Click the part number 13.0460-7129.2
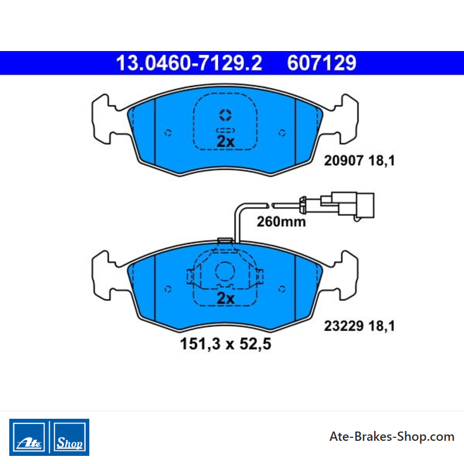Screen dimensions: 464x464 tap(189, 63)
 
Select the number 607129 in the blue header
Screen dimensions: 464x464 tap(322, 63)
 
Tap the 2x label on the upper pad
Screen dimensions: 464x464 tap(226, 142)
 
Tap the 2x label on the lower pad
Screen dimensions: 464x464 tap(226, 298)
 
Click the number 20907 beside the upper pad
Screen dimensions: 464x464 tap(343, 161)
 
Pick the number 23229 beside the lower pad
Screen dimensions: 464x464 tap(343, 326)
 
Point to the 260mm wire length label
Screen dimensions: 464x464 tap(281, 222)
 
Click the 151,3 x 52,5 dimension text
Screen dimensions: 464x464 tap(226, 344)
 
